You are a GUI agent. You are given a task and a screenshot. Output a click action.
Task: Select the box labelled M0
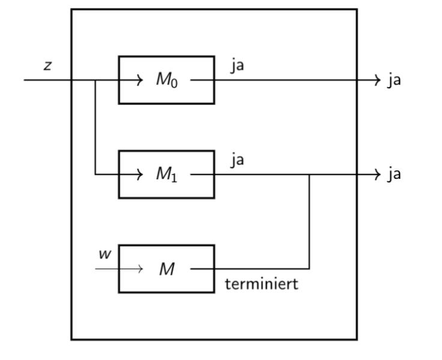(x=166, y=80)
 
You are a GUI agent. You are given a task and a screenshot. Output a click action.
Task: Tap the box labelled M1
(x=166, y=174)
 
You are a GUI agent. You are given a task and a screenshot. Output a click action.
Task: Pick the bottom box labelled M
(x=166, y=269)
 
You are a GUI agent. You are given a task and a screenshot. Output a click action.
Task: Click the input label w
(x=105, y=254)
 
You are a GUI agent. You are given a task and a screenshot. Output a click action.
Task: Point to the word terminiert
(x=261, y=284)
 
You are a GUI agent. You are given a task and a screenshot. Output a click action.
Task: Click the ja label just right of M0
(x=237, y=65)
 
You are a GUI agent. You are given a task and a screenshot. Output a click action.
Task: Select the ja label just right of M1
(x=237, y=160)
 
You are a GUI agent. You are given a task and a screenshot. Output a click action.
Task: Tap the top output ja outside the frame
(x=393, y=80)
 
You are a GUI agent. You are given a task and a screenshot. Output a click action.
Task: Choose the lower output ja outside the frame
(x=393, y=174)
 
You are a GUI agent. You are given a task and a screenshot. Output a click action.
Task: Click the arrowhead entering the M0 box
(x=140, y=80)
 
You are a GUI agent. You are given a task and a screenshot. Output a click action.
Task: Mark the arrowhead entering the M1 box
(x=140, y=175)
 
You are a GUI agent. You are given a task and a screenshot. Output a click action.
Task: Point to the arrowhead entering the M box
(x=140, y=269)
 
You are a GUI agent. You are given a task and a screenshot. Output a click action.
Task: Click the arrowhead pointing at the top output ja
(x=378, y=80)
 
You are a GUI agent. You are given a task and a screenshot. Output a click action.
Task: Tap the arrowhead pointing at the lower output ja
(x=378, y=175)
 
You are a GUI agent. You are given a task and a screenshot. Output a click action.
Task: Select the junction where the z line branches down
(x=95, y=80)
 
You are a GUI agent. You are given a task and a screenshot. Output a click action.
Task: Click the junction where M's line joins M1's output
(x=309, y=175)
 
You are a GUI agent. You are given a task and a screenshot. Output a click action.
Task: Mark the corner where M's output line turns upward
(x=309, y=269)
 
